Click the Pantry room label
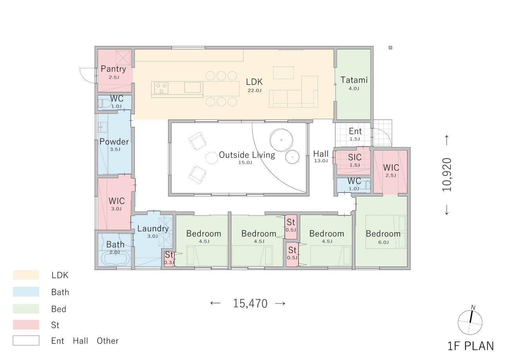113,69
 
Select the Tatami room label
354,80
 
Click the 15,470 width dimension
250,304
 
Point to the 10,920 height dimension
447,175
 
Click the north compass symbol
470,322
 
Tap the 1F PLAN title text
471,346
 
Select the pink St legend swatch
26,325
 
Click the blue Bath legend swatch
26,292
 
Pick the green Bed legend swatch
26,309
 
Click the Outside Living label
247,155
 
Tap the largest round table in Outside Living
281,140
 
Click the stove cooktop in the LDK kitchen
161,88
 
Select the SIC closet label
355,157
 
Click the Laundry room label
153,229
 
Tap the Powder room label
114,142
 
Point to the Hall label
321,154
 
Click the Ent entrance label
355,131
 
